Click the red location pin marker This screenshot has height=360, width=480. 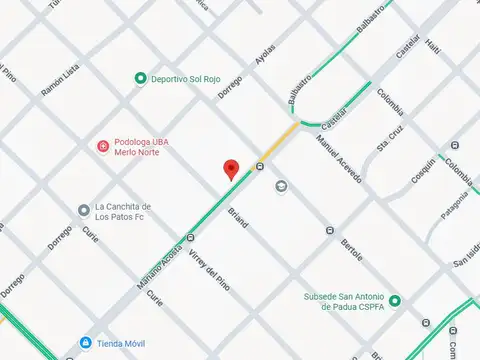click(x=230, y=170)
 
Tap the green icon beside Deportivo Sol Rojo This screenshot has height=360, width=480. click(x=140, y=78)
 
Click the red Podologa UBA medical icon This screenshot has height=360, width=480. click(x=101, y=147)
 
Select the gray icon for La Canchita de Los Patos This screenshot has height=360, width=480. click(x=84, y=210)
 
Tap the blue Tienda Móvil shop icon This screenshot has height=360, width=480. click(x=86, y=343)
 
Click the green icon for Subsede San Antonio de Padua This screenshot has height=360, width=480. click(x=395, y=301)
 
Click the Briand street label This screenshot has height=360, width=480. click(x=237, y=216)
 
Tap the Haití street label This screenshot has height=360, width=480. click(x=432, y=43)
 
